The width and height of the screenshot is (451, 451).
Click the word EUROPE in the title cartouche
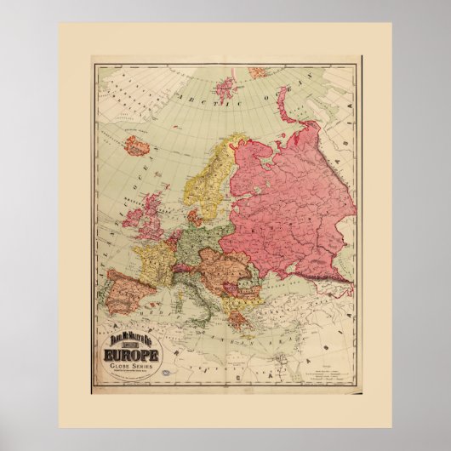click(x=132, y=352)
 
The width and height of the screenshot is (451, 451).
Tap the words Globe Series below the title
click(x=132, y=364)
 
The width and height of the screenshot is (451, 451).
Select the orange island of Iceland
click(x=136, y=146)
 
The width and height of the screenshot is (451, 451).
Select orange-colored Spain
click(x=128, y=290)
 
